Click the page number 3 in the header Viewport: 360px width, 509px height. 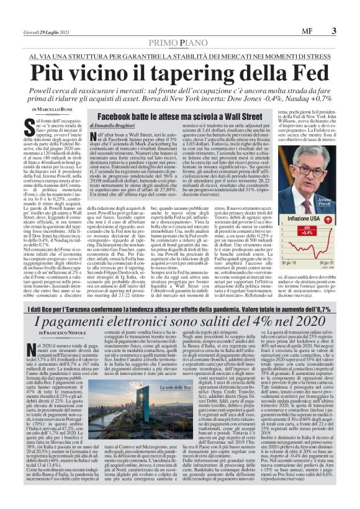coord(333,30)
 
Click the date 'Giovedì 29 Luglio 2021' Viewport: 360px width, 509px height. coord(47,31)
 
